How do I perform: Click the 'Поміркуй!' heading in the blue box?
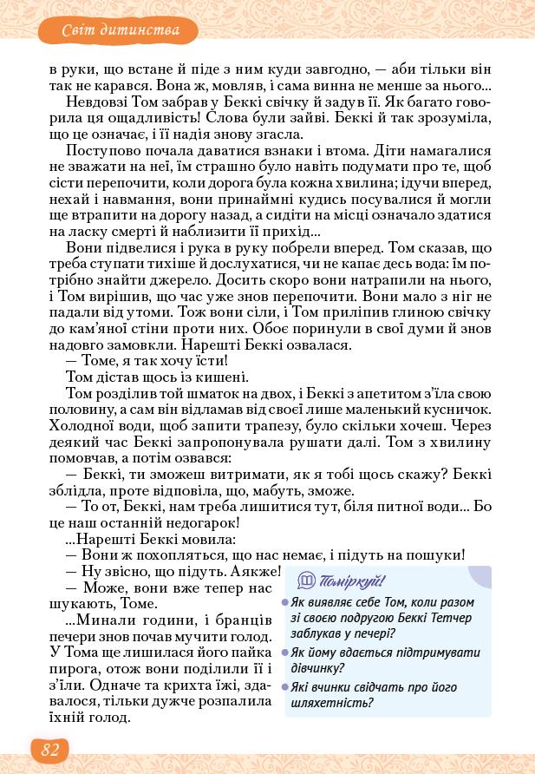pyautogui.click(x=353, y=580)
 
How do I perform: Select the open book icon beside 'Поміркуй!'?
pyautogui.click(x=306, y=580)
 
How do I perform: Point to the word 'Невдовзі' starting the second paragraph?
pyautogui.click(x=93, y=101)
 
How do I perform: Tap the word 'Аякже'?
pyautogui.click(x=257, y=572)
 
